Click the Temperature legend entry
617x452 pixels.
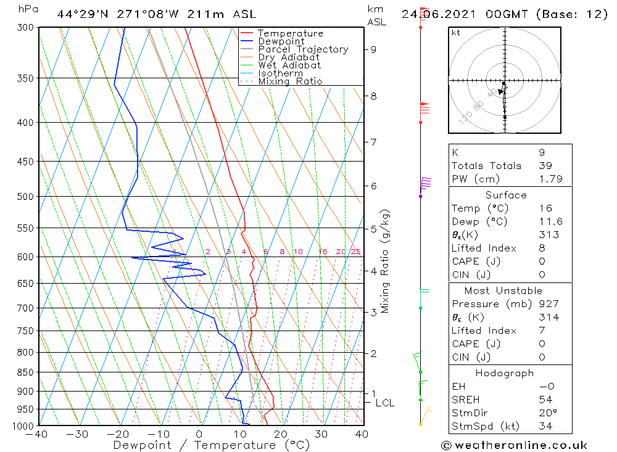tap(290, 33)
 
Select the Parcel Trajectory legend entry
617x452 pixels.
tap(303, 49)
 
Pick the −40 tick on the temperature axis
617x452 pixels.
tap(38, 434)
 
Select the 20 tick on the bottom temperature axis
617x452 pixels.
tap(281, 434)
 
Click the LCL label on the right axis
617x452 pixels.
tap(385, 403)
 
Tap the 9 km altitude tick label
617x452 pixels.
tap(373, 49)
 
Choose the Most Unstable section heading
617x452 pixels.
tap(503, 290)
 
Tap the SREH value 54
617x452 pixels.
tap(545, 400)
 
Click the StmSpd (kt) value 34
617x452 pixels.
tap(545, 427)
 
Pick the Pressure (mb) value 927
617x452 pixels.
tap(549, 304)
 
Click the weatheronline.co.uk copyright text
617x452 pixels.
tap(514, 445)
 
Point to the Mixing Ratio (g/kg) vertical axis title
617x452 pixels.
tap(385, 261)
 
